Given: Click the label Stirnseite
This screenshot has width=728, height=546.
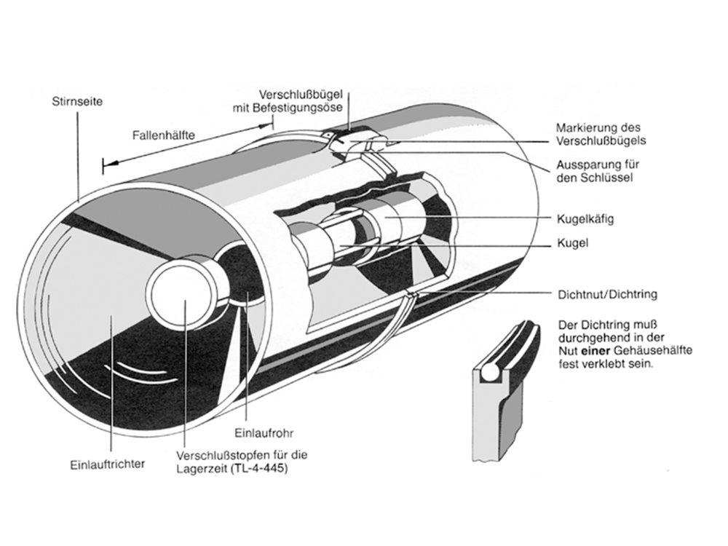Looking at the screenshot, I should click(x=78, y=103).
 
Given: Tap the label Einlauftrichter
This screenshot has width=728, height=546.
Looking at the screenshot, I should click(x=108, y=464).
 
